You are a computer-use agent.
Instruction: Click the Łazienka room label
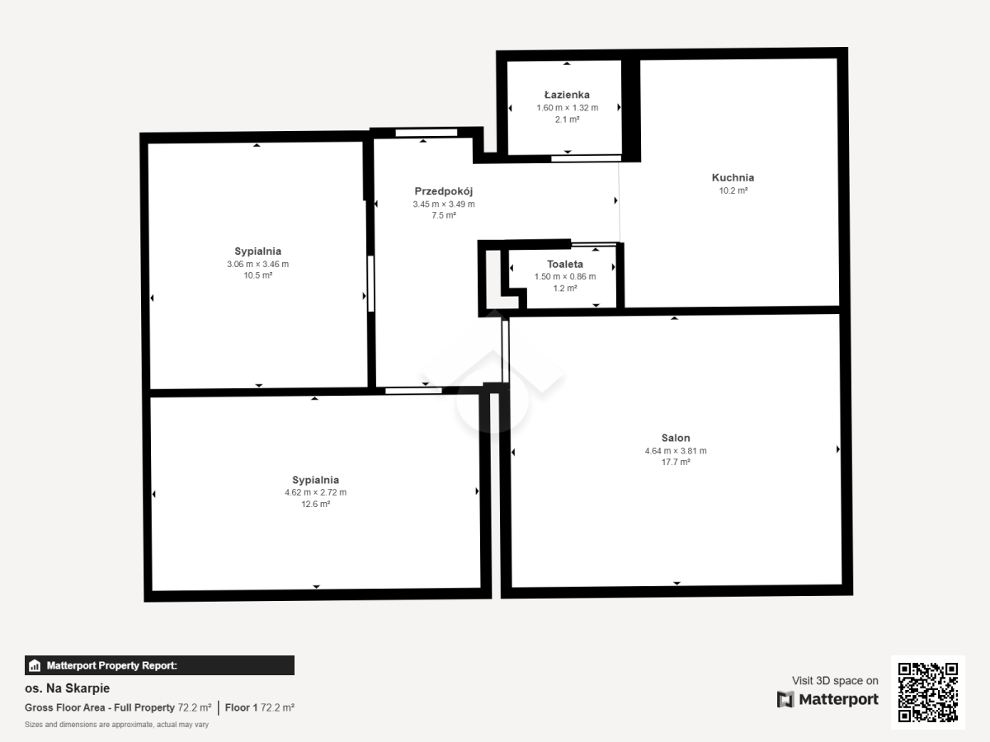[567, 95]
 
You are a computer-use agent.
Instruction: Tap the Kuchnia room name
[733, 177]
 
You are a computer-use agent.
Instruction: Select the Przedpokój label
[443, 191]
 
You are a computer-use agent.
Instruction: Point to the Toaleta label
[565, 264]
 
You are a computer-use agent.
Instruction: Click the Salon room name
[676, 438]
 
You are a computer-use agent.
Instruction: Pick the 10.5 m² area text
[258, 275]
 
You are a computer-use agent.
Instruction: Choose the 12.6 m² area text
[316, 504]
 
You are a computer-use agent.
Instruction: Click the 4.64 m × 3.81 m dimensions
[676, 450]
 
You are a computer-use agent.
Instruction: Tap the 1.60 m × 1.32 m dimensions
[568, 108]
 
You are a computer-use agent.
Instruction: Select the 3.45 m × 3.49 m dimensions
[444, 204]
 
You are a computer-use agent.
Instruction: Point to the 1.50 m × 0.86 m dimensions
[565, 277]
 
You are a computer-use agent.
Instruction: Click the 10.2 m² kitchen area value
[733, 190]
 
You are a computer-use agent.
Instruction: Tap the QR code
[928, 692]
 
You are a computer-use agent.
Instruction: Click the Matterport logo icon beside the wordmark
[785, 700]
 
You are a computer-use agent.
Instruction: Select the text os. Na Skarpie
[67, 688]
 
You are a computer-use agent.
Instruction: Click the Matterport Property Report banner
[160, 665]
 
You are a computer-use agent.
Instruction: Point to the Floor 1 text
[241, 707]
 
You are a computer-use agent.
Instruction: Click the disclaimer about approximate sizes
[117, 725]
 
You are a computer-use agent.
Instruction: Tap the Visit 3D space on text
[835, 681]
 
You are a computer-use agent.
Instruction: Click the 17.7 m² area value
[676, 462]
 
